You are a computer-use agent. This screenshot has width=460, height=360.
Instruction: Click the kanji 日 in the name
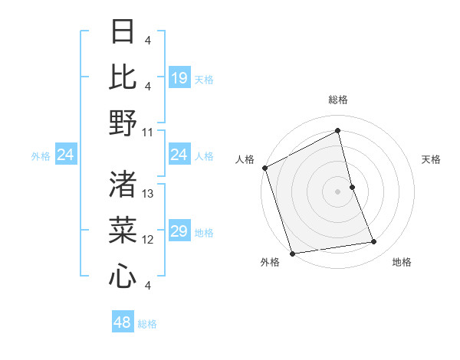point(123,33)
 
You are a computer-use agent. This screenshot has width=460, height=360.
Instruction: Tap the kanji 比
point(123,77)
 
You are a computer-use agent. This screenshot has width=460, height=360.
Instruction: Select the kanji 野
point(123,122)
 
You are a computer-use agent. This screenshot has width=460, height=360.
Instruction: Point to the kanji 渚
point(123,185)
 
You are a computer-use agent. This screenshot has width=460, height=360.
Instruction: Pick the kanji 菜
point(123,229)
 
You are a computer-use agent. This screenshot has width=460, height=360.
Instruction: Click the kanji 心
point(123,275)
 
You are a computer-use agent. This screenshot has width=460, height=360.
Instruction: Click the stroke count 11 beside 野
point(148,132)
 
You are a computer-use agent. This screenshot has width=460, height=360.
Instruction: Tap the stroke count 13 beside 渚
point(148,195)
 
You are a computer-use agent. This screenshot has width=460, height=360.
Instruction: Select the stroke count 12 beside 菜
point(148,240)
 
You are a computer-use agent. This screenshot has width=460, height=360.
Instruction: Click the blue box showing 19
point(179,78)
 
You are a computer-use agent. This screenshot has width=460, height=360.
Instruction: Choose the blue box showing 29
point(179,232)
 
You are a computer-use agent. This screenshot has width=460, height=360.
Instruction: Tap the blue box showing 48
point(123,322)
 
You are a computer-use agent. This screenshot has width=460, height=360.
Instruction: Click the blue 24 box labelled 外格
point(66,155)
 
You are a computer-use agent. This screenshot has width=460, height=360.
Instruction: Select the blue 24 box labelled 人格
point(179,155)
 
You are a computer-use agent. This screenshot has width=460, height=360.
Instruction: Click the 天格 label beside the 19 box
point(204,79)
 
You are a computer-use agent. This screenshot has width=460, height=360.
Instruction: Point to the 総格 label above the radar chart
point(337,100)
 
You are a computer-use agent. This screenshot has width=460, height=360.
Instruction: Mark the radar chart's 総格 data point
point(337,130)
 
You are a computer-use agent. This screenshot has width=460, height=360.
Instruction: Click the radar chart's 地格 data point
point(374,242)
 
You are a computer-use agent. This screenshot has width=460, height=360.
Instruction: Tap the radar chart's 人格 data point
point(264,168)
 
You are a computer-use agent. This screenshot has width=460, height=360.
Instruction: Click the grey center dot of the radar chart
point(337,191)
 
